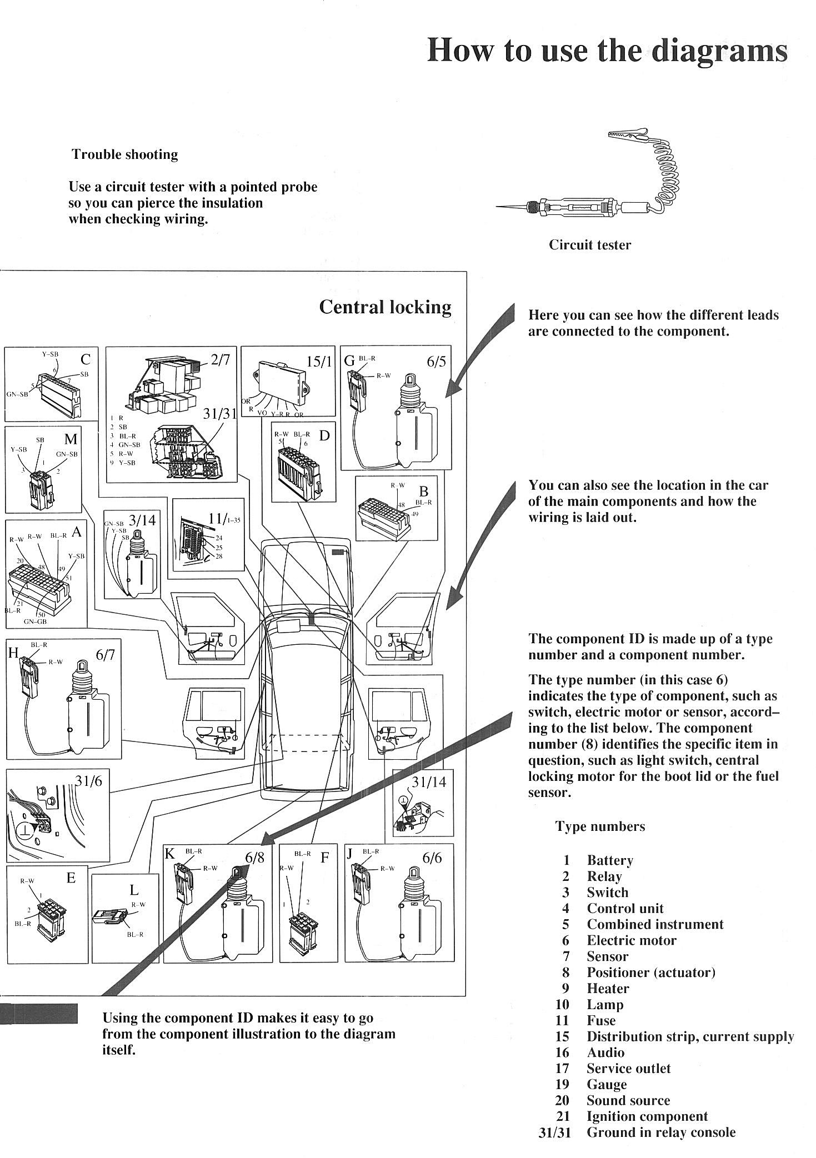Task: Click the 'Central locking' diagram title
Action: click(x=385, y=307)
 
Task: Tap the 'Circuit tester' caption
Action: click(x=590, y=245)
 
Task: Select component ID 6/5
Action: click(x=436, y=362)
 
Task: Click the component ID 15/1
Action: click(x=319, y=362)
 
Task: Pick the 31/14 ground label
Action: click(x=428, y=782)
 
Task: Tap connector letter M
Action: click(x=71, y=439)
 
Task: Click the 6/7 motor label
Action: click(x=106, y=655)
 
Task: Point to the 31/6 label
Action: click(x=89, y=780)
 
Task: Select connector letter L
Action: click(x=134, y=890)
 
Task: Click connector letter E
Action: click(x=71, y=878)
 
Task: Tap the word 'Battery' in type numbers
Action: click(x=610, y=860)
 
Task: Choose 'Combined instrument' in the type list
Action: click(x=655, y=924)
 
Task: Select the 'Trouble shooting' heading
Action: click(x=124, y=154)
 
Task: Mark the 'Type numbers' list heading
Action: click(x=600, y=826)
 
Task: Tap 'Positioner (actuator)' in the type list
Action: click(x=651, y=972)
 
